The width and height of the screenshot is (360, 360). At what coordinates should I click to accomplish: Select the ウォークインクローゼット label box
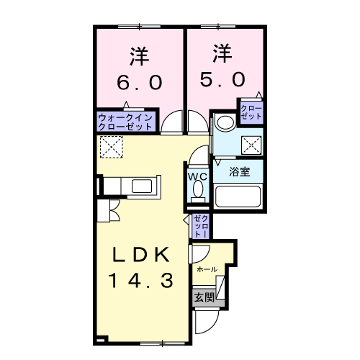coord(125,121)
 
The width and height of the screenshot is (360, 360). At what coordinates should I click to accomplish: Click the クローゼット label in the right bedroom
coord(252,112)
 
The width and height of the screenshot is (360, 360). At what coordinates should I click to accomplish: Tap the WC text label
coord(197,174)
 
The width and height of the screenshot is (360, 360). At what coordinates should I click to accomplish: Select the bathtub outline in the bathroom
coord(238,197)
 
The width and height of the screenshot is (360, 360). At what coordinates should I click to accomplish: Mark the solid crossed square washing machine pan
coord(251,145)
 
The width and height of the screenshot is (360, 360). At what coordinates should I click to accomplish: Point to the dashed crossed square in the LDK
coord(112,148)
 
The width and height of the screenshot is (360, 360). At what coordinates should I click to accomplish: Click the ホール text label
coord(207,269)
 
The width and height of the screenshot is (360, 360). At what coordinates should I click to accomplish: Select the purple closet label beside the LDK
coord(201,227)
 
